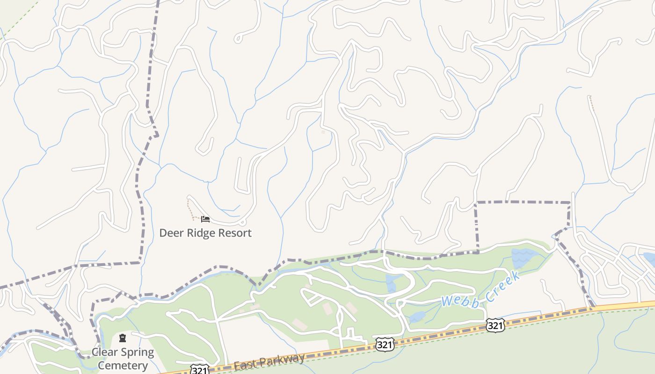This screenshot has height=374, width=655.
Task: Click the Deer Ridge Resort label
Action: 205,233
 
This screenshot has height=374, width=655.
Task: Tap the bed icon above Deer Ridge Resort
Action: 205,219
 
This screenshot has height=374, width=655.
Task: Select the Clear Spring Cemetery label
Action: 123,359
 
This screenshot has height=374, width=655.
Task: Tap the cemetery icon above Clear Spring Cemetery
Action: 123,338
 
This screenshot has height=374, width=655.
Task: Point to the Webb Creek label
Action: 481,290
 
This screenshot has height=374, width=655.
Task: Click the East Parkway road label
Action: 269,361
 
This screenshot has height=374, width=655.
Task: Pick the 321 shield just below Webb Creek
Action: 495,325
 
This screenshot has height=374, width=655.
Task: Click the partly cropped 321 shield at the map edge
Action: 199,370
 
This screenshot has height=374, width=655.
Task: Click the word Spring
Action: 138,352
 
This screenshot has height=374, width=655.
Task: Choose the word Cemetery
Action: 123,366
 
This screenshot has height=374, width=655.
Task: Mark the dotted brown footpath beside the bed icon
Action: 190,209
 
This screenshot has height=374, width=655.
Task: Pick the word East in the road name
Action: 244,365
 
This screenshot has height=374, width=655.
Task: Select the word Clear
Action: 105,352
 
